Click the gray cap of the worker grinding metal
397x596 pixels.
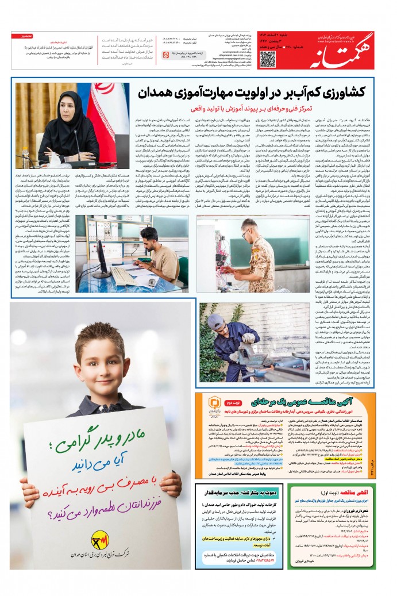[x=215, y=320]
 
